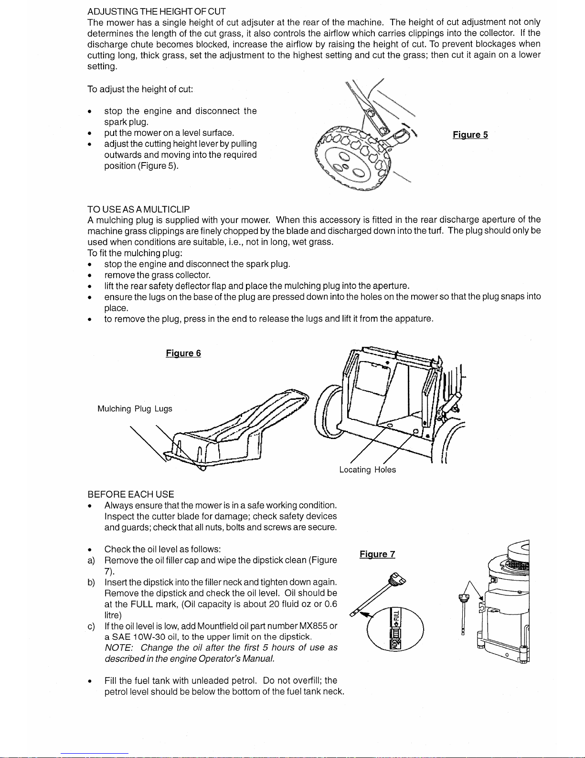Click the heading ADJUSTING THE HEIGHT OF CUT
(156, 11)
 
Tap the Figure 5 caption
(470, 135)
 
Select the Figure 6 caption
(183, 353)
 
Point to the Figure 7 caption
(377, 554)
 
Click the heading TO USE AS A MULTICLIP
(138, 209)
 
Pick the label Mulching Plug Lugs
(135, 408)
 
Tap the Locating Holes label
(367, 470)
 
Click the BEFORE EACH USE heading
(130, 494)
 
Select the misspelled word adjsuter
(258, 22)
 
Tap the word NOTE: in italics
(119, 648)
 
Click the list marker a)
(91, 560)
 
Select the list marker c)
(91, 626)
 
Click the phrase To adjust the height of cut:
(140, 89)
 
